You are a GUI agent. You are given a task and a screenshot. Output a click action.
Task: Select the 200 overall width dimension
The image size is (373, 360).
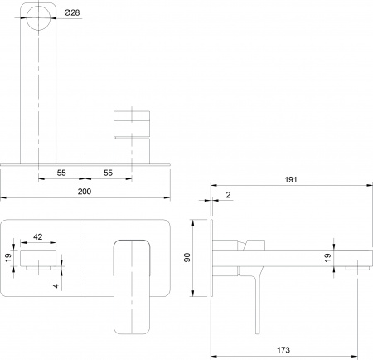85,191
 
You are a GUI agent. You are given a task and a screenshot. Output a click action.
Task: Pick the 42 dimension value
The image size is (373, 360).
38,237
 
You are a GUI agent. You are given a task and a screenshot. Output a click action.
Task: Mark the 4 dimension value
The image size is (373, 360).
56,286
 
